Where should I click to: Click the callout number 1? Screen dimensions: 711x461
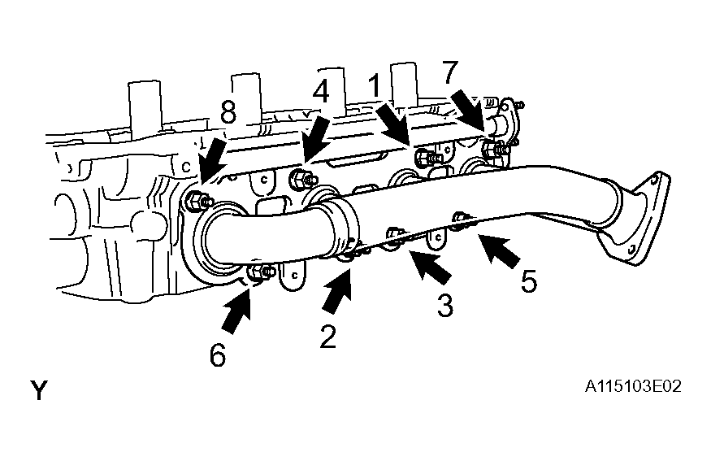tap(374, 86)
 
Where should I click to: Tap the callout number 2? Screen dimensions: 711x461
tap(327, 337)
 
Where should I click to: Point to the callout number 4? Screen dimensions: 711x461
tap(321, 93)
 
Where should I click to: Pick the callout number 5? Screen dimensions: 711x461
tap(529, 281)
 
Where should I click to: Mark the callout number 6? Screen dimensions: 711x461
tap(218, 354)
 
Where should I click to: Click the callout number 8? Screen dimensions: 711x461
tap(228, 111)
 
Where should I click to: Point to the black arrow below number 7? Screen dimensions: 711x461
tap(468, 111)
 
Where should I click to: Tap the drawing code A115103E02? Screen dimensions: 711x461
tap(633, 386)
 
